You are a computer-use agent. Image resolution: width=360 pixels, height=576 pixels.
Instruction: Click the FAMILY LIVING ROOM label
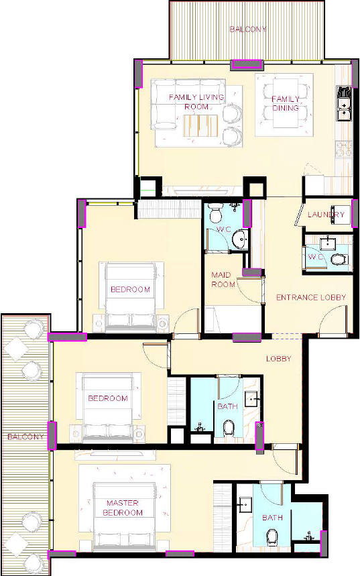tap(196, 102)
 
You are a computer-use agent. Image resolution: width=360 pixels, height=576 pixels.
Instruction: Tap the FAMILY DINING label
tap(286, 103)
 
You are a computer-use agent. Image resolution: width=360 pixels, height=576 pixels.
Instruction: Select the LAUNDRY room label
tap(326, 215)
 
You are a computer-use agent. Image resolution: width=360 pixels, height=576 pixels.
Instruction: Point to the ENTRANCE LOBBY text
tap(311, 297)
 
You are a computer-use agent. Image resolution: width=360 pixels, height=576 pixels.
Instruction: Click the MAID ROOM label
tap(223, 280)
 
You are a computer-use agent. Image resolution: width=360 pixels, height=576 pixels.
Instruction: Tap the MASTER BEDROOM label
tap(123, 508)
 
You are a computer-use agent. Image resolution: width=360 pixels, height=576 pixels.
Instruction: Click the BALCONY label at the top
tap(248, 29)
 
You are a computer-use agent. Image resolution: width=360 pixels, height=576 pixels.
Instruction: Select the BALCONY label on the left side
tap(25, 437)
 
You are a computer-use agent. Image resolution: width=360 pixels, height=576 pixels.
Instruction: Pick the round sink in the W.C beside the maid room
tap(241, 239)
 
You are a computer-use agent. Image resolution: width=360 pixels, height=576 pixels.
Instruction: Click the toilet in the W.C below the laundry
tap(339, 260)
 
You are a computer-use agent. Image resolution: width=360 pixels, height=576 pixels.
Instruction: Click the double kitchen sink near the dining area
tap(344, 103)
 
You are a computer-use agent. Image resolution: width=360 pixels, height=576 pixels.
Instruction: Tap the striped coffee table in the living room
tap(200, 125)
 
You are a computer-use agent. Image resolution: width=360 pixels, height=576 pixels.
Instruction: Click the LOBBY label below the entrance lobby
tap(279, 359)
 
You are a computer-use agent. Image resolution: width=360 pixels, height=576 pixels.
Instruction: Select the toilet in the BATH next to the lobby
tap(229, 428)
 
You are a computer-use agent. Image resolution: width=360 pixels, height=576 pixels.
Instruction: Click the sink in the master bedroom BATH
tap(244, 505)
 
